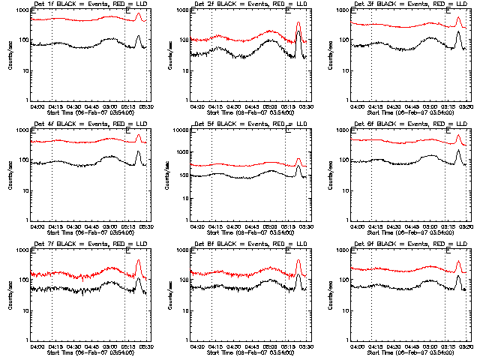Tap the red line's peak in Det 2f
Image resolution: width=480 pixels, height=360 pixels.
point(298,22)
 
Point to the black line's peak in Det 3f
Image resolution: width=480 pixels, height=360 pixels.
point(457,32)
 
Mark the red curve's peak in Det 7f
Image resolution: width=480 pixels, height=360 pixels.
point(138,260)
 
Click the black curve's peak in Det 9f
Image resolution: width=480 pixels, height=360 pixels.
point(457,276)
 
